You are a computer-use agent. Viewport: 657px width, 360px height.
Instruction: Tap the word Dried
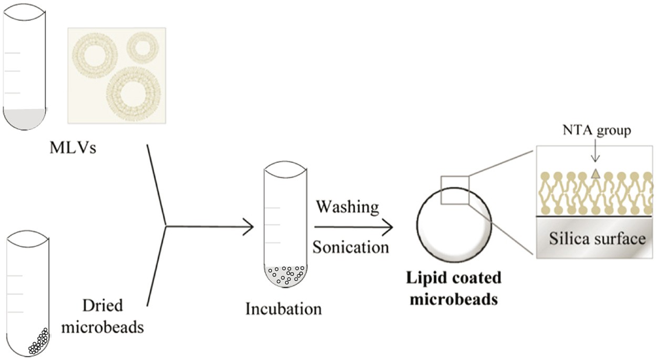coord(102,306)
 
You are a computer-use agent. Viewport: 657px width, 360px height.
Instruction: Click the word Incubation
coord(283,308)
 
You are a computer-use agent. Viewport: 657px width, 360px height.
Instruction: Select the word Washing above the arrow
coord(347,207)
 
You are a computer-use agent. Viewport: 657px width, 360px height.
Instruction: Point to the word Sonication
coord(351,246)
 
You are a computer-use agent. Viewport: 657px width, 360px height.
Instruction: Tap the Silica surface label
coord(597,239)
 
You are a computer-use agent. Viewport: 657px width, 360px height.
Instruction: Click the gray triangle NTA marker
coord(596,173)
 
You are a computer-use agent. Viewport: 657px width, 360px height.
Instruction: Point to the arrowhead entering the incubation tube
coord(249,227)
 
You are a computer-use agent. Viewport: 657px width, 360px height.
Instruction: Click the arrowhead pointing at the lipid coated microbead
coord(388,227)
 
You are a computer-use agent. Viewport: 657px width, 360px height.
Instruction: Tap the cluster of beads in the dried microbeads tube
coord(38,341)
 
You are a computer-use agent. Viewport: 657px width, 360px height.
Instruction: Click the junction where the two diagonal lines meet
coord(166,227)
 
